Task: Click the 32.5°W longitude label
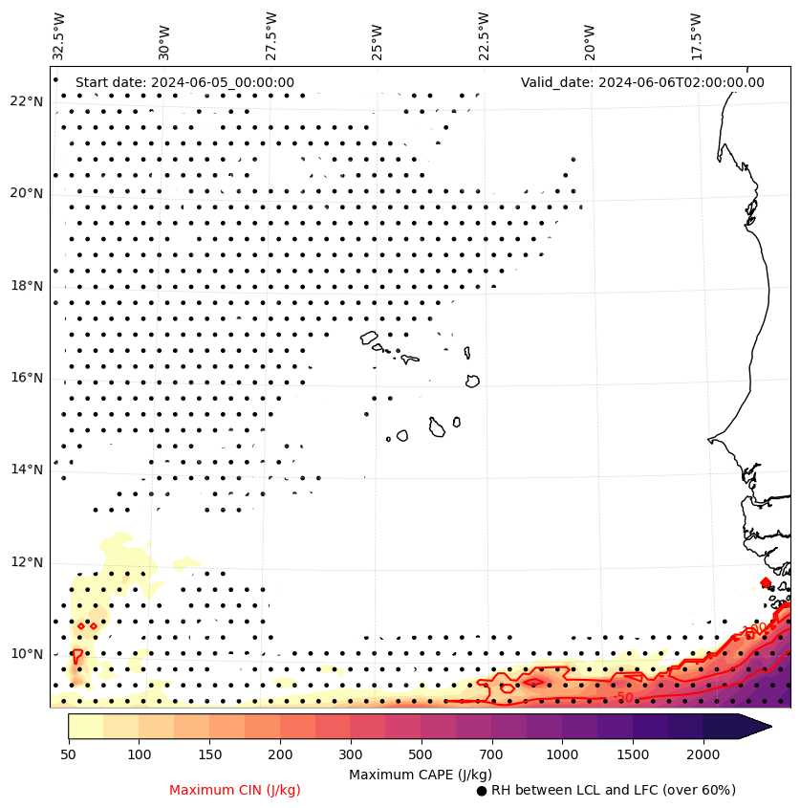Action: (59, 35)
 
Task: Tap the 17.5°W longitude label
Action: (695, 35)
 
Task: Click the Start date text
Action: (184, 82)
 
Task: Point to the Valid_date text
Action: (642, 82)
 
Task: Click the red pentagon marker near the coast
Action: (766, 582)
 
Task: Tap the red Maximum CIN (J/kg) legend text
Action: (235, 790)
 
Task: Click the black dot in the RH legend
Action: (482, 791)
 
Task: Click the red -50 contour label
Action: (623, 697)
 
